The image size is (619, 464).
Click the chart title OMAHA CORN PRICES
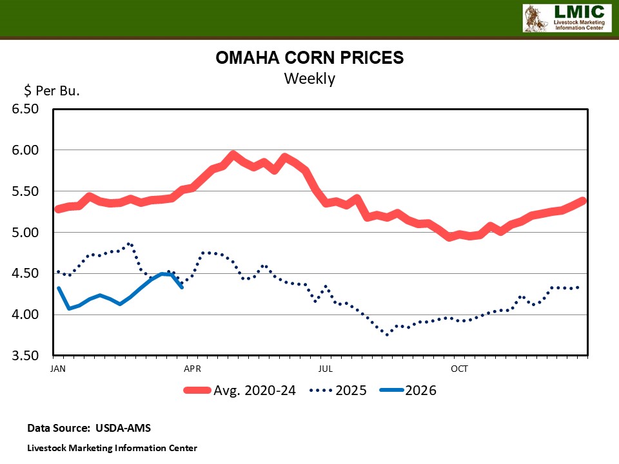coord(309,58)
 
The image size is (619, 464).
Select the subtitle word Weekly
coord(309,79)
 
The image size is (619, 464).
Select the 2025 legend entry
coord(351,391)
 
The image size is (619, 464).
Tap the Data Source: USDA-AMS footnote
coord(89,428)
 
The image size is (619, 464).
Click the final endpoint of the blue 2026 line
coord(182,287)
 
